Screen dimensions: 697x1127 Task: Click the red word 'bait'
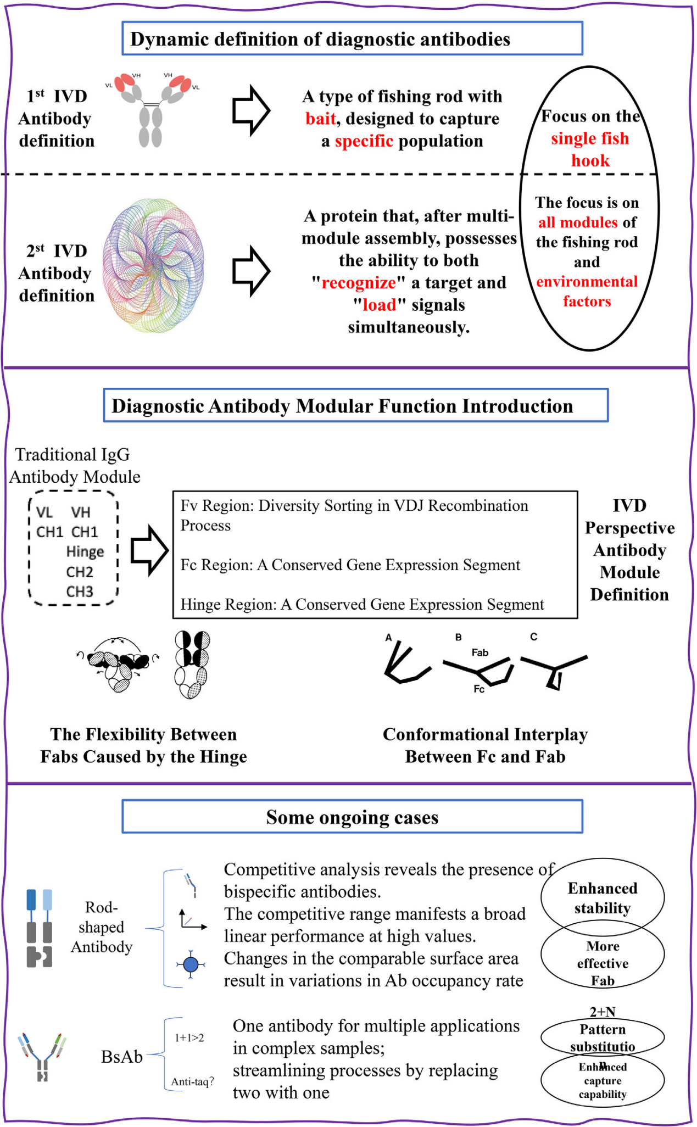[x=320, y=119]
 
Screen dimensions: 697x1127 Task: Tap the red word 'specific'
[x=364, y=141]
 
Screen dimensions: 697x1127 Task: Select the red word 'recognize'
[x=359, y=283]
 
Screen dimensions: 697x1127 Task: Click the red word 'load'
[x=379, y=305]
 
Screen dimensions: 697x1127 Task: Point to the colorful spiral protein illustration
[x=153, y=266]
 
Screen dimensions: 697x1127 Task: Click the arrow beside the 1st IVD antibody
[x=251, y=110]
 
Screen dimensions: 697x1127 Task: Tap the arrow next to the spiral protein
[x=251, y=271]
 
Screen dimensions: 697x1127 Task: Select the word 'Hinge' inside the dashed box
[x=85, y=552]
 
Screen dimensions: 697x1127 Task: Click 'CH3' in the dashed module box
[x=80, y=592]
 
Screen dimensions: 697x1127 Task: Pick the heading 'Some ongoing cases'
[x=352, y=817]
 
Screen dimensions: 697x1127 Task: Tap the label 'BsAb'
[x=122, y=1056]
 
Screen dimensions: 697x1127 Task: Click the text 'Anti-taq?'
[x=192, y=1081]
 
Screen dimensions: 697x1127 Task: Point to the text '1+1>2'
[x=189, y=1037]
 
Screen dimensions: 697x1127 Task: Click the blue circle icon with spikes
[x=191, y=964]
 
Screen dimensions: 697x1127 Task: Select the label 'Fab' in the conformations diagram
[x=479, y=652]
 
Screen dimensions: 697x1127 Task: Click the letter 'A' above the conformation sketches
[x=388, y=638]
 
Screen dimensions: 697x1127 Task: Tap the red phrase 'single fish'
[x=590, y=138]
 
